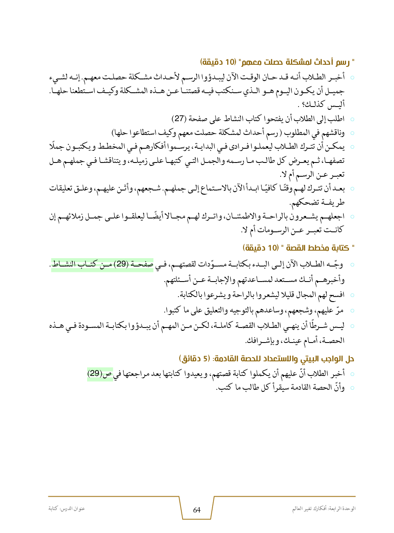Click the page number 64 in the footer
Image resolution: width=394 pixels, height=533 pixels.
tap(197, 510)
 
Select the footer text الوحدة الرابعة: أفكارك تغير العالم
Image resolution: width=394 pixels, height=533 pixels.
tap(324, 509)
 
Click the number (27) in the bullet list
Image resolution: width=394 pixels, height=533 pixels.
tap(179, 118)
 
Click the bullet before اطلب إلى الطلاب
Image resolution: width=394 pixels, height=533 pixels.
tap(352, 119)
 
